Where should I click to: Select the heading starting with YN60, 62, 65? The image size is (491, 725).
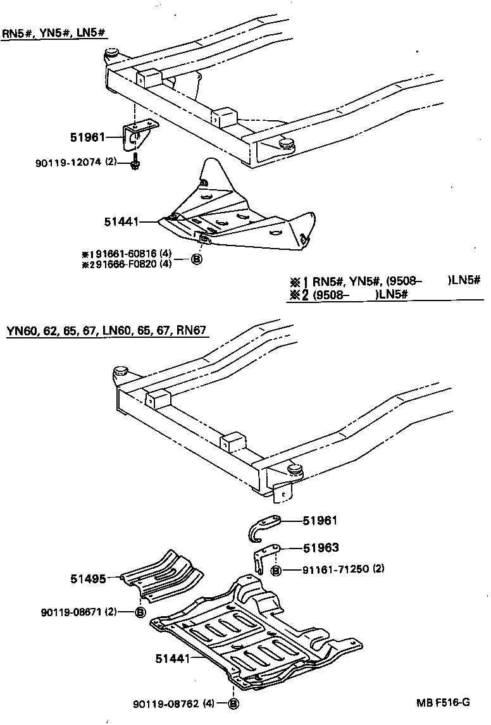coord(107,330)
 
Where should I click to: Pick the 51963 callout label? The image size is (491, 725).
coord(320,548)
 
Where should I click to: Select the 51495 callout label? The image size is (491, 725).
coord(87,577)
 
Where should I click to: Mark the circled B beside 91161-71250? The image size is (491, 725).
coord(276,570)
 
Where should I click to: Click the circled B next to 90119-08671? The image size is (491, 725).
coord(140,612)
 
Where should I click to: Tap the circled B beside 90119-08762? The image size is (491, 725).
coord(233,703)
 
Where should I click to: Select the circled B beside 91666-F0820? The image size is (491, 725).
coord(196,259)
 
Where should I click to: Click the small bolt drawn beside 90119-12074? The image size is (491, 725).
coord(135,164)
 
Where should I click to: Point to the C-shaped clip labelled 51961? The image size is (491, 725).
coord(261,527)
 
